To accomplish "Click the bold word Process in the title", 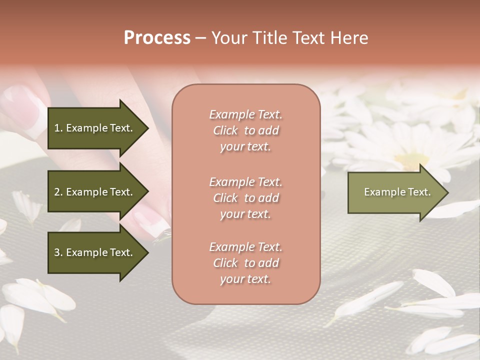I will pyautogui.click(x=157, y=38).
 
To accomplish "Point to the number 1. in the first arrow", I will pyautogui.click(x=58, y=128).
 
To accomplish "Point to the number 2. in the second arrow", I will pyautogui.click(x=58, y=192).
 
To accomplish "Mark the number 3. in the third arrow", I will pyautogui.click(x=58, y=252).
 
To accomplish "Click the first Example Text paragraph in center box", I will pyautogui.click(x=245, y=130).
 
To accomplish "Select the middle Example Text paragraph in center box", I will pyautogui.click(x=245, y=198).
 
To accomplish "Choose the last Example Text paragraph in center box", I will pyautogui.click(x=245, y=263).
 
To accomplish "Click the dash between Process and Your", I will pyautogui.click(x=201, y=38).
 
